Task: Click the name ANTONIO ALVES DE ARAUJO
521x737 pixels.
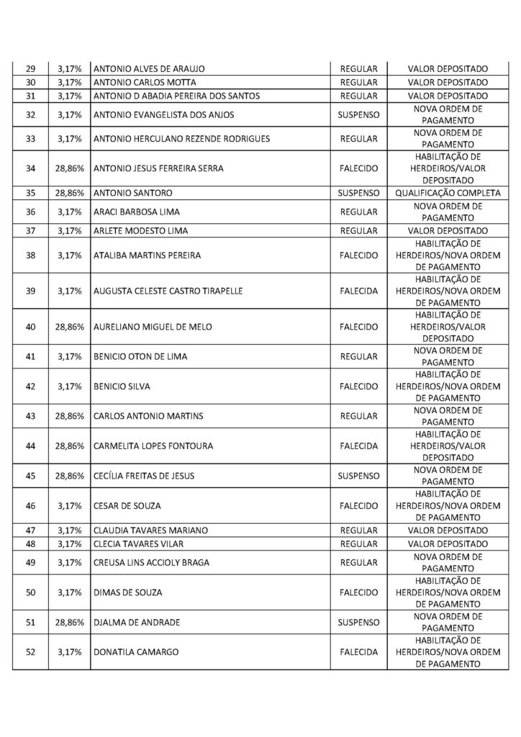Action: pos(150,68)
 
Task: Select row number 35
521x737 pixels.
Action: pos(30,193)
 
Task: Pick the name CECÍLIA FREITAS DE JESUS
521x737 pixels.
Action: pos(144,476)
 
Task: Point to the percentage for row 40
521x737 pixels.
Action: pos(70,327)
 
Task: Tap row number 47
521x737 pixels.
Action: pos(30,530)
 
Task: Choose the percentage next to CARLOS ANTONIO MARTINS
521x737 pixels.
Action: pos(70,416)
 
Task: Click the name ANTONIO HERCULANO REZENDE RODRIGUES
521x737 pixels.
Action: pos(182,138)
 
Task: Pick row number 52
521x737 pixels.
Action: pos(30,652)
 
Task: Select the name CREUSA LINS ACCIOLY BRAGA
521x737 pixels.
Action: pos(152,562)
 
